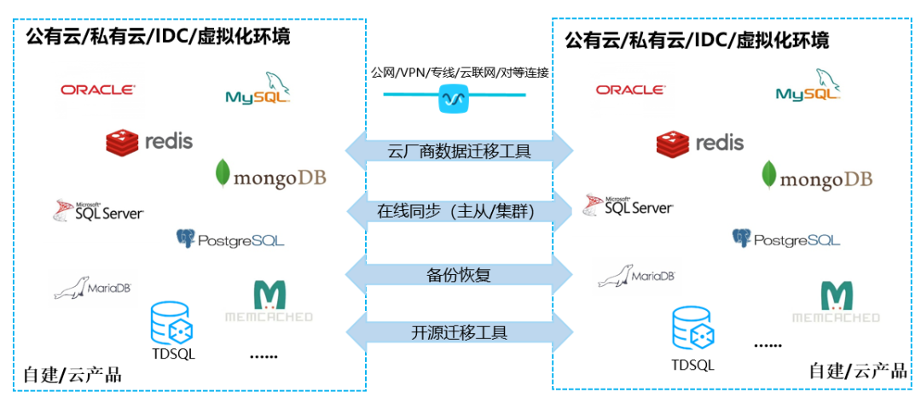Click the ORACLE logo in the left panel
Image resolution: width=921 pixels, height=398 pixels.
pos(97,89)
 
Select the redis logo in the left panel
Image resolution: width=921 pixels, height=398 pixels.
pos(149,141)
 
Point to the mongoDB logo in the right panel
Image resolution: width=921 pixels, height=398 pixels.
pos(817,176)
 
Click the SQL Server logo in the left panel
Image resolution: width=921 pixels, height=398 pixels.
pos(98,210)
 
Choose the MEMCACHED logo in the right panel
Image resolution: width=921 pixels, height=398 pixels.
pos(836,302)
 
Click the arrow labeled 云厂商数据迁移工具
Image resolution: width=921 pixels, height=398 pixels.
pos(459,151)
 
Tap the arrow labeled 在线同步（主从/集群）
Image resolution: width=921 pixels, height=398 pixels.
pos(459,210)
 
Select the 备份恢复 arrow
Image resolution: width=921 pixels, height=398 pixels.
pos(459,274)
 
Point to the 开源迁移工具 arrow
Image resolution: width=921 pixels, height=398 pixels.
pos(459,332)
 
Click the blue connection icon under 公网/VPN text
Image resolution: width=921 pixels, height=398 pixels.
pos(454,100)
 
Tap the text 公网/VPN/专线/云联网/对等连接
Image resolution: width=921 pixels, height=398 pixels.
pos(459,73)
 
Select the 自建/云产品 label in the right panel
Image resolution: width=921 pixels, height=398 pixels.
pos(857,371)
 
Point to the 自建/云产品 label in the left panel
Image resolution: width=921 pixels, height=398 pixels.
pos(72,374)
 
